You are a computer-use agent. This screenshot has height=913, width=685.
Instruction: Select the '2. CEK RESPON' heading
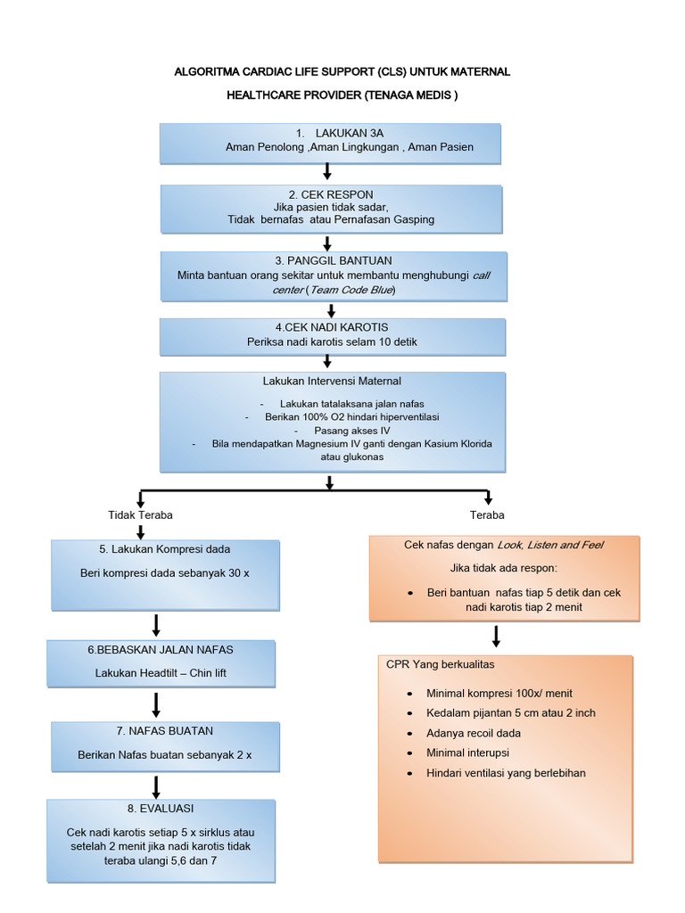330,193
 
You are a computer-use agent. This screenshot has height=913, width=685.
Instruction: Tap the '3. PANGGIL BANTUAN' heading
331,260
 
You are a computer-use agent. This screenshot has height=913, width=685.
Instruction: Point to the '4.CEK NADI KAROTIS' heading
331,326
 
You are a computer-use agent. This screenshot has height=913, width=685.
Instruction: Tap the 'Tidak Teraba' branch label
140,515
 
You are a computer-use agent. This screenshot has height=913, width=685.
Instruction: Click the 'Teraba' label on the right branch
487,515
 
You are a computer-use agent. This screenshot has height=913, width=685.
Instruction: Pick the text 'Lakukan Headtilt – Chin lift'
161,673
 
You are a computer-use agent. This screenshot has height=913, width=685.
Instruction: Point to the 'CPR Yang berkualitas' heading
440,665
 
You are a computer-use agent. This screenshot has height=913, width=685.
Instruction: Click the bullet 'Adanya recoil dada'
474,733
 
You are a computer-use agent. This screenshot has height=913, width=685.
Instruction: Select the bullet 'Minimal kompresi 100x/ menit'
499,693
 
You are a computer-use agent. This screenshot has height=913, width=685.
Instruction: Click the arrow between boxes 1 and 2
327,171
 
